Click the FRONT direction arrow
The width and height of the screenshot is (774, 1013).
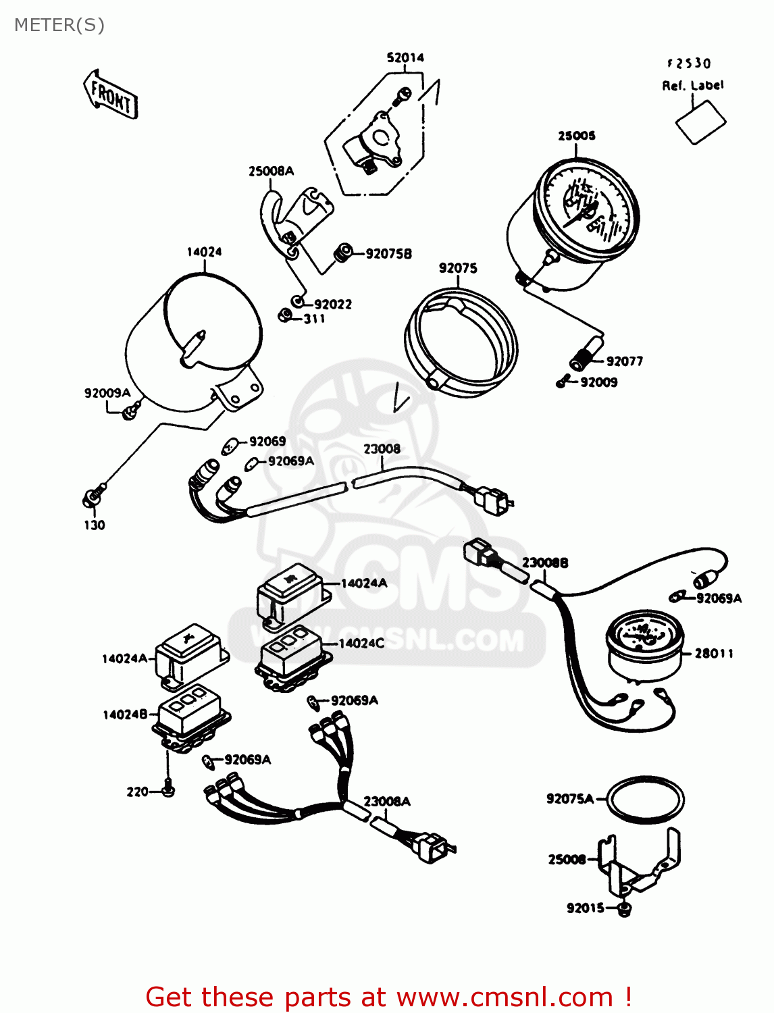111,95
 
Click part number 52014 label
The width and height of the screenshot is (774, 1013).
405,58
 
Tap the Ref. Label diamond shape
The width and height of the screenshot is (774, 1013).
701,122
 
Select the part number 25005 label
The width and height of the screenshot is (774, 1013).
576,136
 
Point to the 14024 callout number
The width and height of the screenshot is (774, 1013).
204,252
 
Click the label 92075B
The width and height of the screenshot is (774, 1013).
388,254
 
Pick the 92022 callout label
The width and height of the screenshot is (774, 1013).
332,305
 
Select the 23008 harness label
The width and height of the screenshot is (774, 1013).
382,449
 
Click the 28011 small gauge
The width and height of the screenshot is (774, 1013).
644,645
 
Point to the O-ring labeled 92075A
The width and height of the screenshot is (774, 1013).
645,799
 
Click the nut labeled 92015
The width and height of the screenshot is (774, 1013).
625,909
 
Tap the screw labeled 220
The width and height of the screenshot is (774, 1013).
167,789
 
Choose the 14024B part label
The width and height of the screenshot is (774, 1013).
125,715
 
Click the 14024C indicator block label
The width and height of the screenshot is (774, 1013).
361,644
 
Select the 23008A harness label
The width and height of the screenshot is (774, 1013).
386,802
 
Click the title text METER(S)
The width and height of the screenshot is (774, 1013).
59,25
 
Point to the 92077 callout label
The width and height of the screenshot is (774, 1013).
624,361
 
